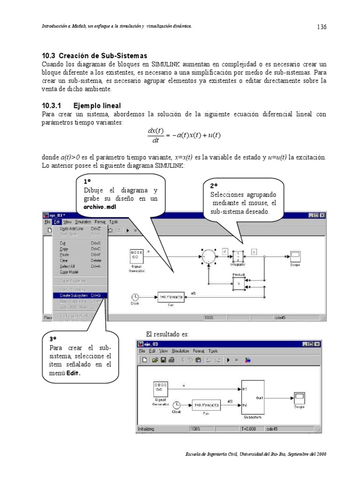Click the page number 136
pyautogui.click(x=321, y=27)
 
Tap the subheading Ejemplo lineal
pyautogui.click(x=97, y=106)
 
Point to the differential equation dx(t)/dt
pyautogui.click(x=184, y=135)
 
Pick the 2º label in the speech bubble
pyautogui.click(x=213, y=186)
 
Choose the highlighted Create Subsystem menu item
pyautogui.click(x=80, y=295)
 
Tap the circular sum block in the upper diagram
pyautogui.click(x=208, y=256)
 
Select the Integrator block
pyautogui.click(x=238, y=256)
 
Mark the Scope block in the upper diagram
pyautogui.click(x=295, y=256)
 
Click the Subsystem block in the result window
pyautogui.click(x=253, y=397)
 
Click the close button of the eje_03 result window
pyautogui.click(x=317, y=344)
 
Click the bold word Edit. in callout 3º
pyautogui.click(x=73, y=373)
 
